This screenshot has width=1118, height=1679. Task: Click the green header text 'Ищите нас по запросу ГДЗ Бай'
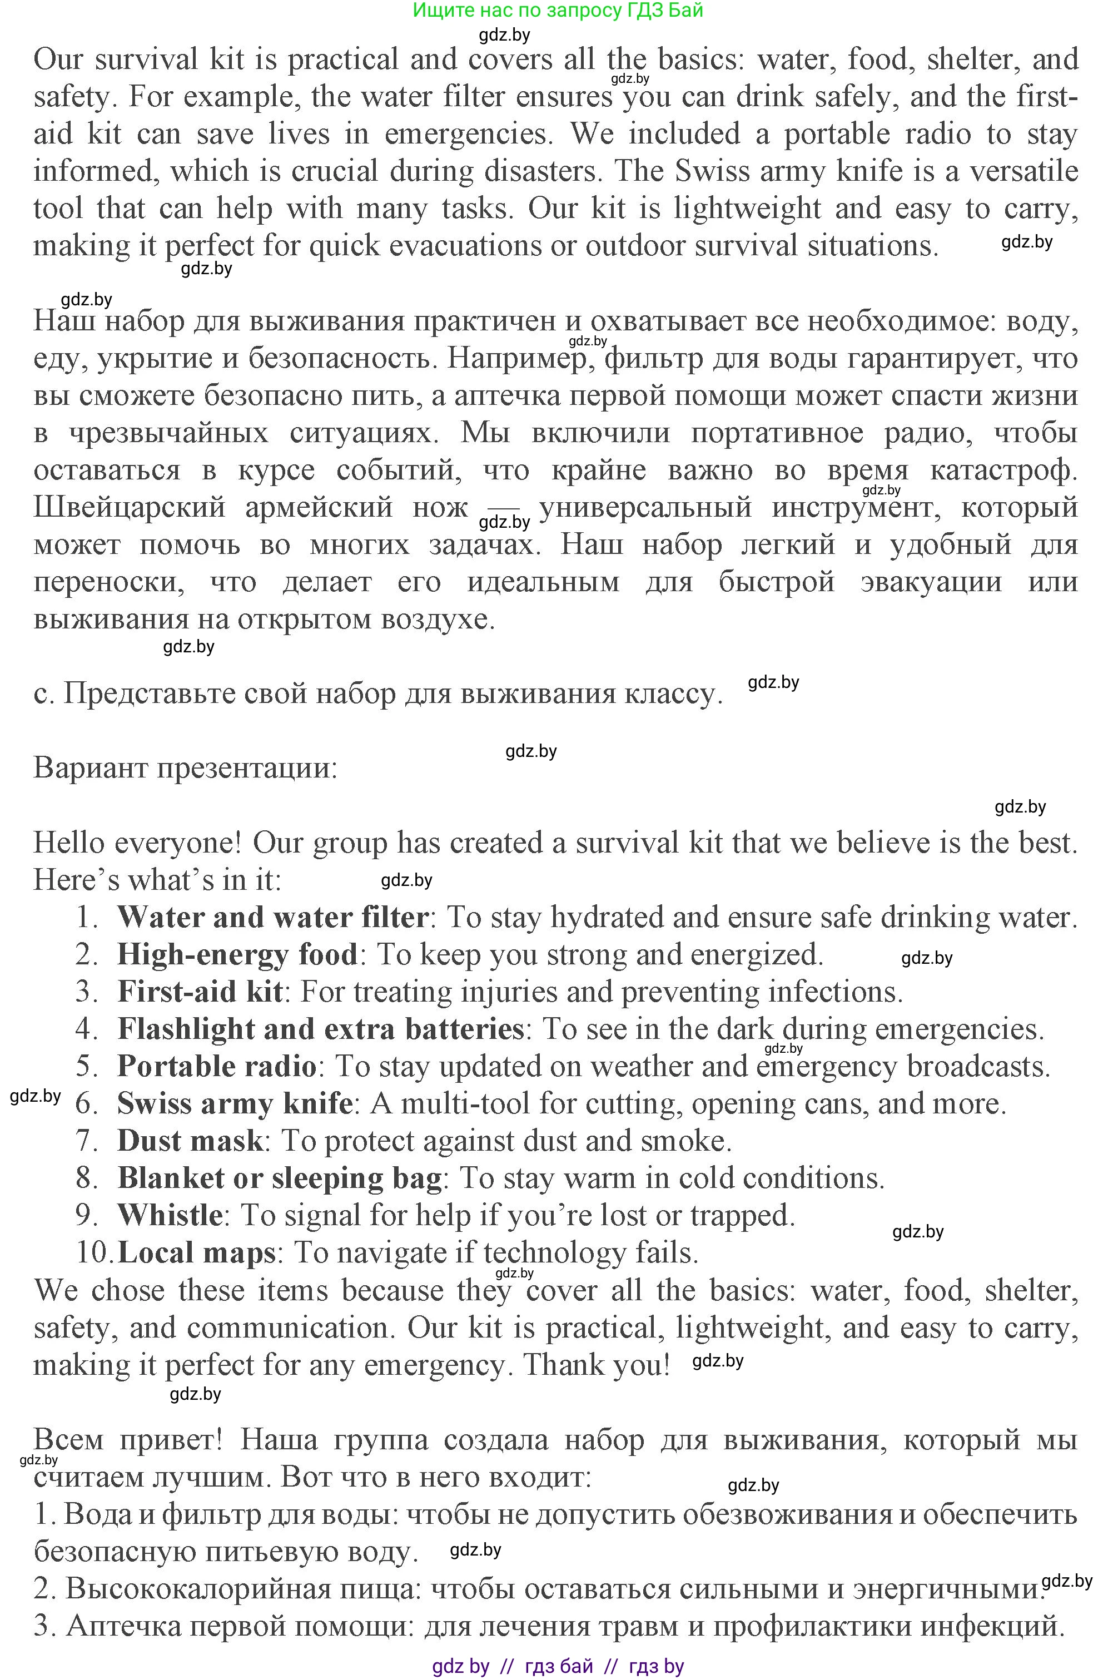(558, 10)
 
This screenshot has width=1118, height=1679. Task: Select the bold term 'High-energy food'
(237, 954)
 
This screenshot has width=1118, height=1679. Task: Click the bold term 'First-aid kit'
(200, 992)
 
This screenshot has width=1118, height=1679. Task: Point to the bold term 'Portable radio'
(217, 1066)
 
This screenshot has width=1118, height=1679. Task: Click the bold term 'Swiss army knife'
(235, 1103)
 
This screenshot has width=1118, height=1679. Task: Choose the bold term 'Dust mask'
(190, 1141)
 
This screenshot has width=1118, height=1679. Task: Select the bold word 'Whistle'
(170, 1215)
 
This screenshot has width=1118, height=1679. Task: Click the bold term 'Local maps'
(196, 1252)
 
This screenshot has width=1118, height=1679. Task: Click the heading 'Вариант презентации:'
(185, 768)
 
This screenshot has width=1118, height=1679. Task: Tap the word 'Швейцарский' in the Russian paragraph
(129, 507)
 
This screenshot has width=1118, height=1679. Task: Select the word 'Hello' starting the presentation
(68, 843)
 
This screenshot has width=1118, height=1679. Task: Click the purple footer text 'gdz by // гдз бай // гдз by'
(558, 1666)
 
